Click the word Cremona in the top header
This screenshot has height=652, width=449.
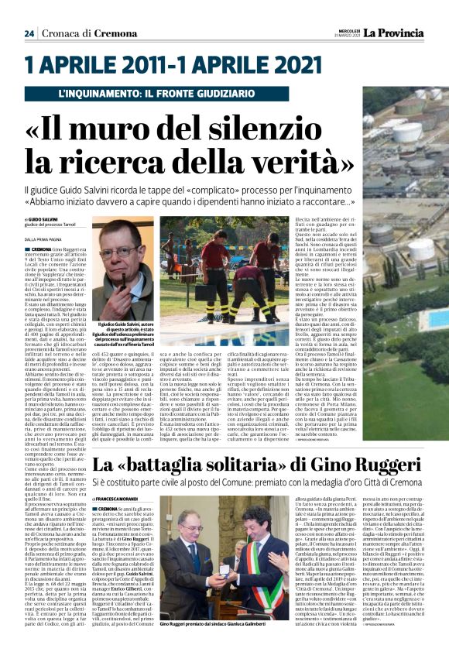pos(104,33)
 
